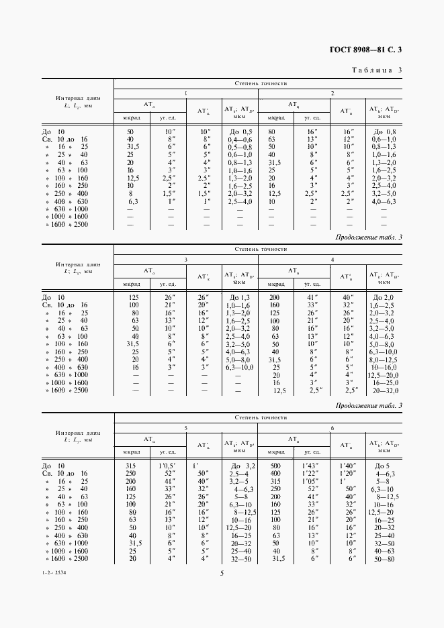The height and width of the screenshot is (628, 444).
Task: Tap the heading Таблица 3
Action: tap(377, 70)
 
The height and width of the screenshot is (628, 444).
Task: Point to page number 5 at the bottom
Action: tap(222, 573)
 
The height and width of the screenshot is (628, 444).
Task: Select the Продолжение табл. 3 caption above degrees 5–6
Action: tap(368, 405)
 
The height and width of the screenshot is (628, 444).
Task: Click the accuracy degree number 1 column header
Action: tap(186, 93)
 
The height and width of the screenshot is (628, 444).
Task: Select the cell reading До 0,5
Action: tap(240, 132)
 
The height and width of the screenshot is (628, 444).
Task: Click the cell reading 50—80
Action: tap(385, 558)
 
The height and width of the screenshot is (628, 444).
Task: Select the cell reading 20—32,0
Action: tap(385, 390)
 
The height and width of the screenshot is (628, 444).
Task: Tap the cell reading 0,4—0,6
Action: tap(240, 139)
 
